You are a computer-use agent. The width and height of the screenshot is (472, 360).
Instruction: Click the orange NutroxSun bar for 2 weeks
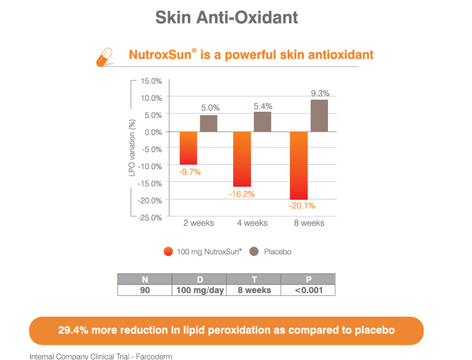[188, 148]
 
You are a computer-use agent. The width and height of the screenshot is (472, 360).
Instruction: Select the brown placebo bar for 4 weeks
[263, 122]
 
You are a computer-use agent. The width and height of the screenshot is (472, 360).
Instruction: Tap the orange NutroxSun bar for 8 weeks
[299, 166]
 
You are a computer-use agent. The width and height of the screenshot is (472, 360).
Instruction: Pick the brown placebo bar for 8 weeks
[319, 116]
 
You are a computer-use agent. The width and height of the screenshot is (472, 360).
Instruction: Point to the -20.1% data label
[302, 206]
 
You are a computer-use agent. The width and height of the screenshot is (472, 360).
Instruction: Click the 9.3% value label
[320, 93]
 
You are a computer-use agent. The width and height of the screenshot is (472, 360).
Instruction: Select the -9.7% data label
[190, 172]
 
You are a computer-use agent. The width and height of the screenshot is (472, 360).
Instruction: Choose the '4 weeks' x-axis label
[252, 223]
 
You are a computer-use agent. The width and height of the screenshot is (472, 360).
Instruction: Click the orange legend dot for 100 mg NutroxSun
[168, 252]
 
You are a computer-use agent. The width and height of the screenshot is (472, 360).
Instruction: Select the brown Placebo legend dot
[253, 252]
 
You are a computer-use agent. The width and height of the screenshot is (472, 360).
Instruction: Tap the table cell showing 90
[145, 290]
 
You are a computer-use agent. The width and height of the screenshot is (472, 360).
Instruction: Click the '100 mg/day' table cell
[200, 290]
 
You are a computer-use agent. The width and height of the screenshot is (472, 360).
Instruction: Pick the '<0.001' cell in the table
[308, 290]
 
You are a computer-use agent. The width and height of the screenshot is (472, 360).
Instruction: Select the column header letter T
[254, 280]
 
